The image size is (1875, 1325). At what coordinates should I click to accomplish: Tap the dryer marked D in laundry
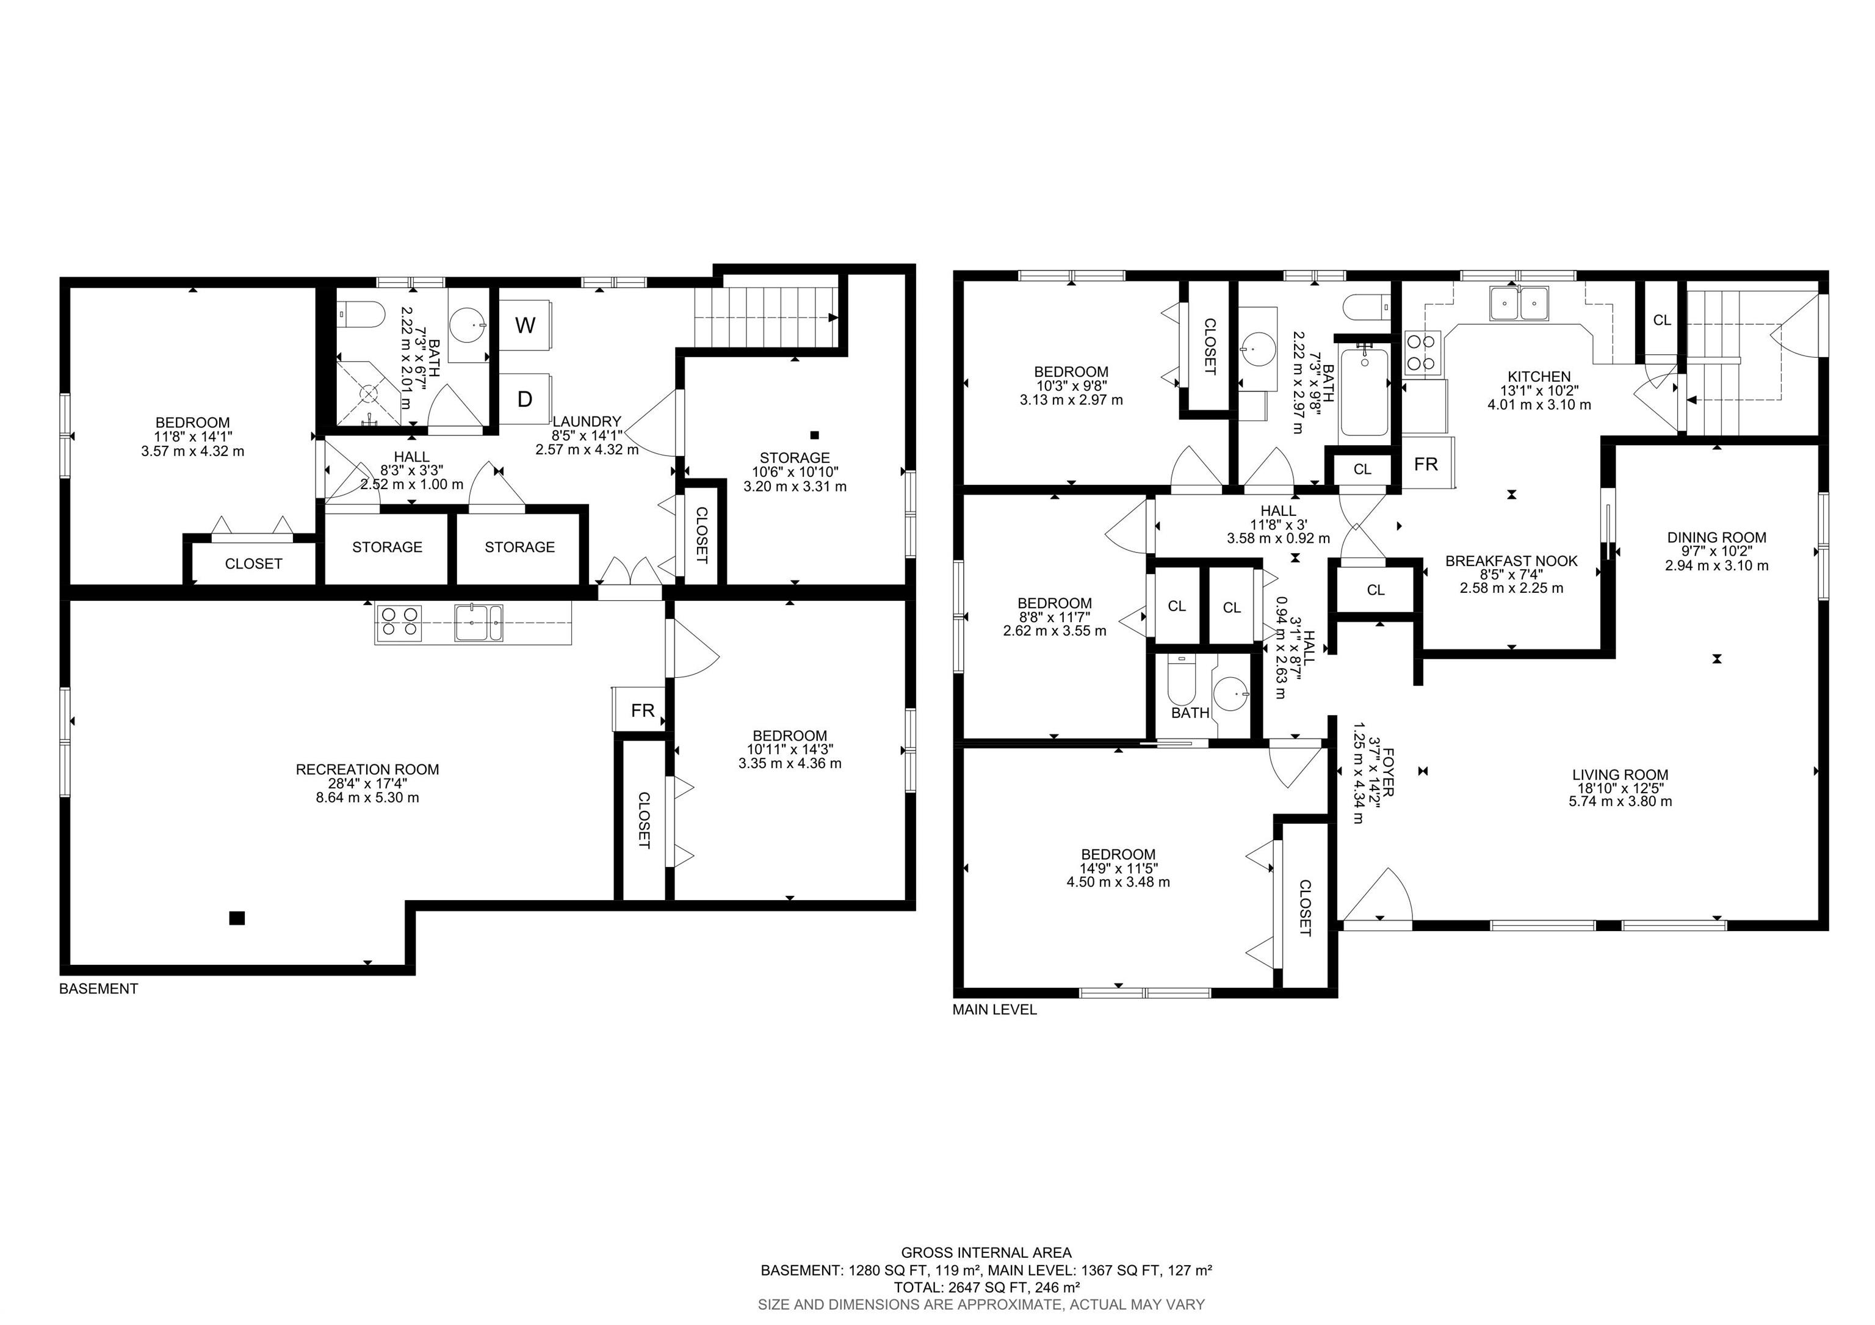[525, 399]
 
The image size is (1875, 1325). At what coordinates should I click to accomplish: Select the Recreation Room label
[367, 769]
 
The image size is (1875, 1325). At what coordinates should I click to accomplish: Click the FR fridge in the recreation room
[642, 710]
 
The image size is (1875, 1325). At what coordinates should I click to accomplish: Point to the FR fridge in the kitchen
[1426, 464]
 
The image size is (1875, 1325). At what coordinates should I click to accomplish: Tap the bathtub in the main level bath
[1364, 390]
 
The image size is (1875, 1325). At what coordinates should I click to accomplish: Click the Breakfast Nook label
[1511, 561]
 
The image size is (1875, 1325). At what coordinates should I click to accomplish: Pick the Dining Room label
[1716, 537]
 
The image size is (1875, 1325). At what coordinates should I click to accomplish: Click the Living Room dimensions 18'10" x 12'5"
[1620, 788]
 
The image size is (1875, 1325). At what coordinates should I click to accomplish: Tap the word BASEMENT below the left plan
[99, 989]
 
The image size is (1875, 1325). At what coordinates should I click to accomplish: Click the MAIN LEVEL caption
[994, 1010]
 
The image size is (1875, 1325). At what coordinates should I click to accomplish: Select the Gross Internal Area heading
[986, 1252]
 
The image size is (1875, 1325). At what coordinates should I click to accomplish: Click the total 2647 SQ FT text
[986, 1287]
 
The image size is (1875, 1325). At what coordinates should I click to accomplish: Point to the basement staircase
[765, 317]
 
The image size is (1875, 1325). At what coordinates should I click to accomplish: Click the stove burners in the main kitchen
[1422, 353]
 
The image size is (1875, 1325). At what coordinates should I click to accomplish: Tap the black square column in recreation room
[237, 918]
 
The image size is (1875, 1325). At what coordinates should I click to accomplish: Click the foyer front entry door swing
[1380, 899]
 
